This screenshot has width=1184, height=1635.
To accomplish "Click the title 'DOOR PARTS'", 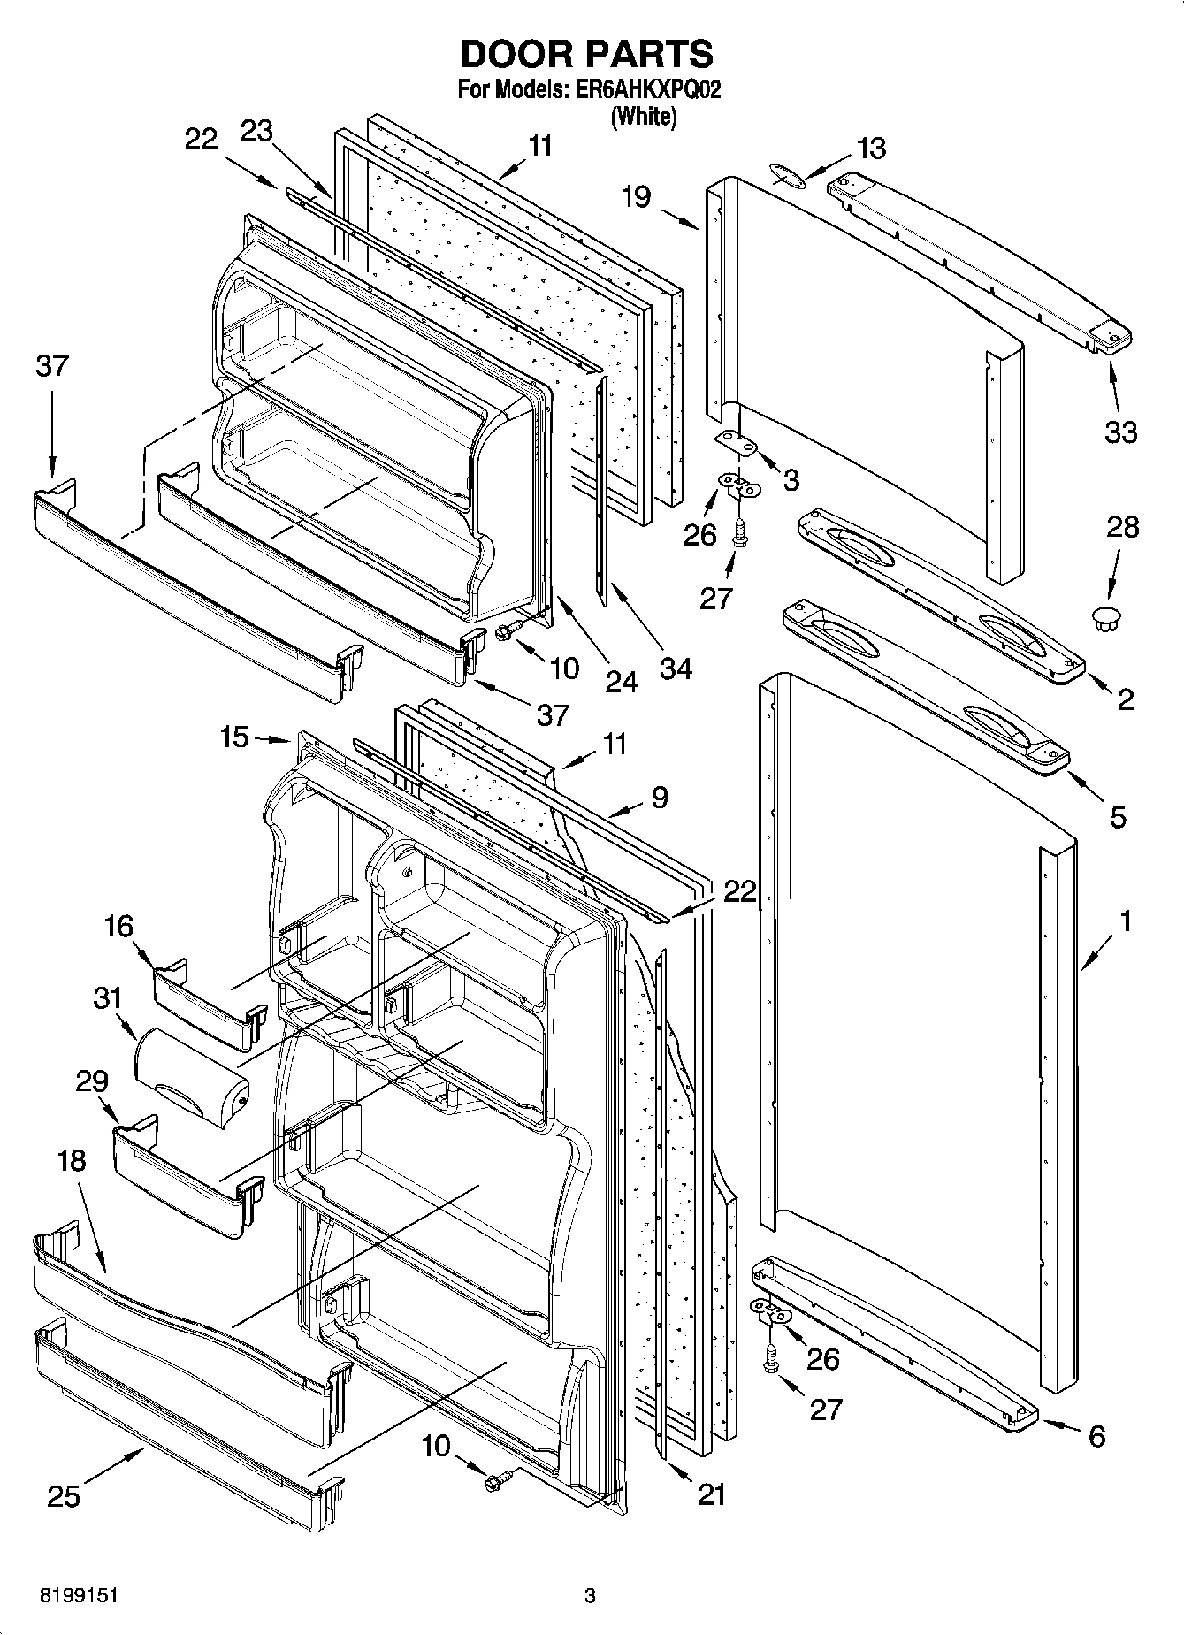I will pos(586,54).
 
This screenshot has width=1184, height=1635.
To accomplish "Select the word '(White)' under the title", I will pos(644,116).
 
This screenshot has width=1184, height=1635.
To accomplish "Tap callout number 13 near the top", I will pos(871,148).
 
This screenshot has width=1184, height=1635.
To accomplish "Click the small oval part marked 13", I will pos(788,174).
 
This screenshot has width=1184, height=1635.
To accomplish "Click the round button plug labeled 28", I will pos(1106,618).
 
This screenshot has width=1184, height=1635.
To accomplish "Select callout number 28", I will pos(1122,527).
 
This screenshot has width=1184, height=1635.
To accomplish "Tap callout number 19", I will pos(635,196).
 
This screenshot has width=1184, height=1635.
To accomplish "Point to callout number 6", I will pos(1096,1437).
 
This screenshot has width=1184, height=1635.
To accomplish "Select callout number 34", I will pos(676,668).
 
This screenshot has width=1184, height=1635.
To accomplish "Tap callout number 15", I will pos(234,737).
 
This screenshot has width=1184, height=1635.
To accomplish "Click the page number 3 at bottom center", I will pos(590,1597).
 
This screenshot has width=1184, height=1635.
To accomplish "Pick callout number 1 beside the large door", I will pos(1125,921).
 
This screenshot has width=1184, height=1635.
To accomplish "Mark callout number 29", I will pos(92,1081).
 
